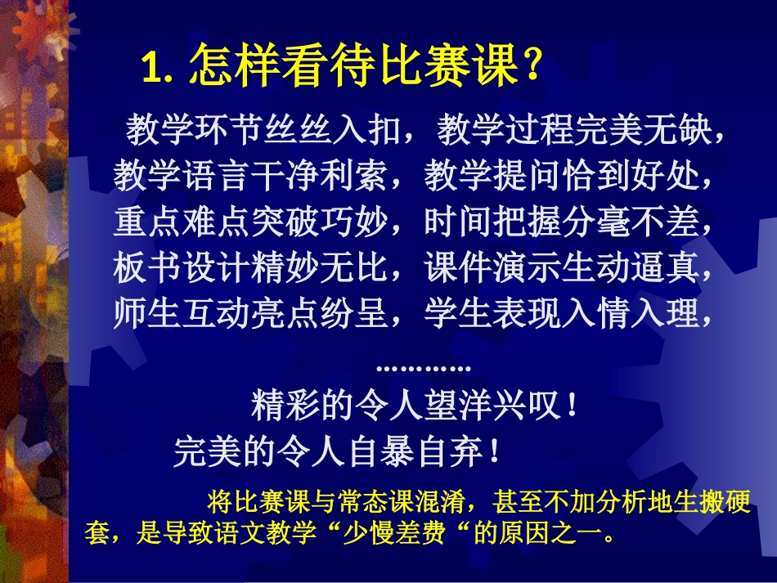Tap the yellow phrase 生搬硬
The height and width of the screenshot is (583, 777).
tap(713, 500)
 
